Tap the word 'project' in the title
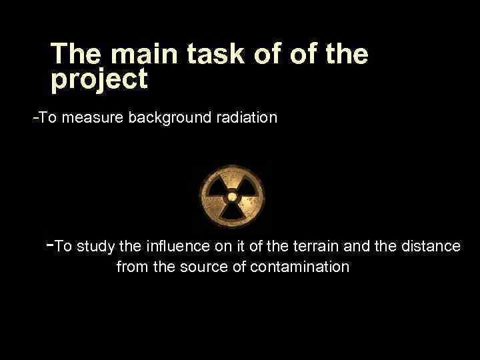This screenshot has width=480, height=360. pyautogui.click(x=99, y=80)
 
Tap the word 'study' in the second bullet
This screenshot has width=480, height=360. pyautogui.click(x=95, y=247)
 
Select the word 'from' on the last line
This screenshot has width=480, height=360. pyautogui.click(x=131, y=267)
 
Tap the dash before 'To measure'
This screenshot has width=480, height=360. pyautogui.click(x=36, y=118)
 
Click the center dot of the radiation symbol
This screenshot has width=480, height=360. pyautogui.click(x=231, y=196)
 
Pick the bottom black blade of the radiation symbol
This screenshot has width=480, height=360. pyautogui.click(x=231, y=211)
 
